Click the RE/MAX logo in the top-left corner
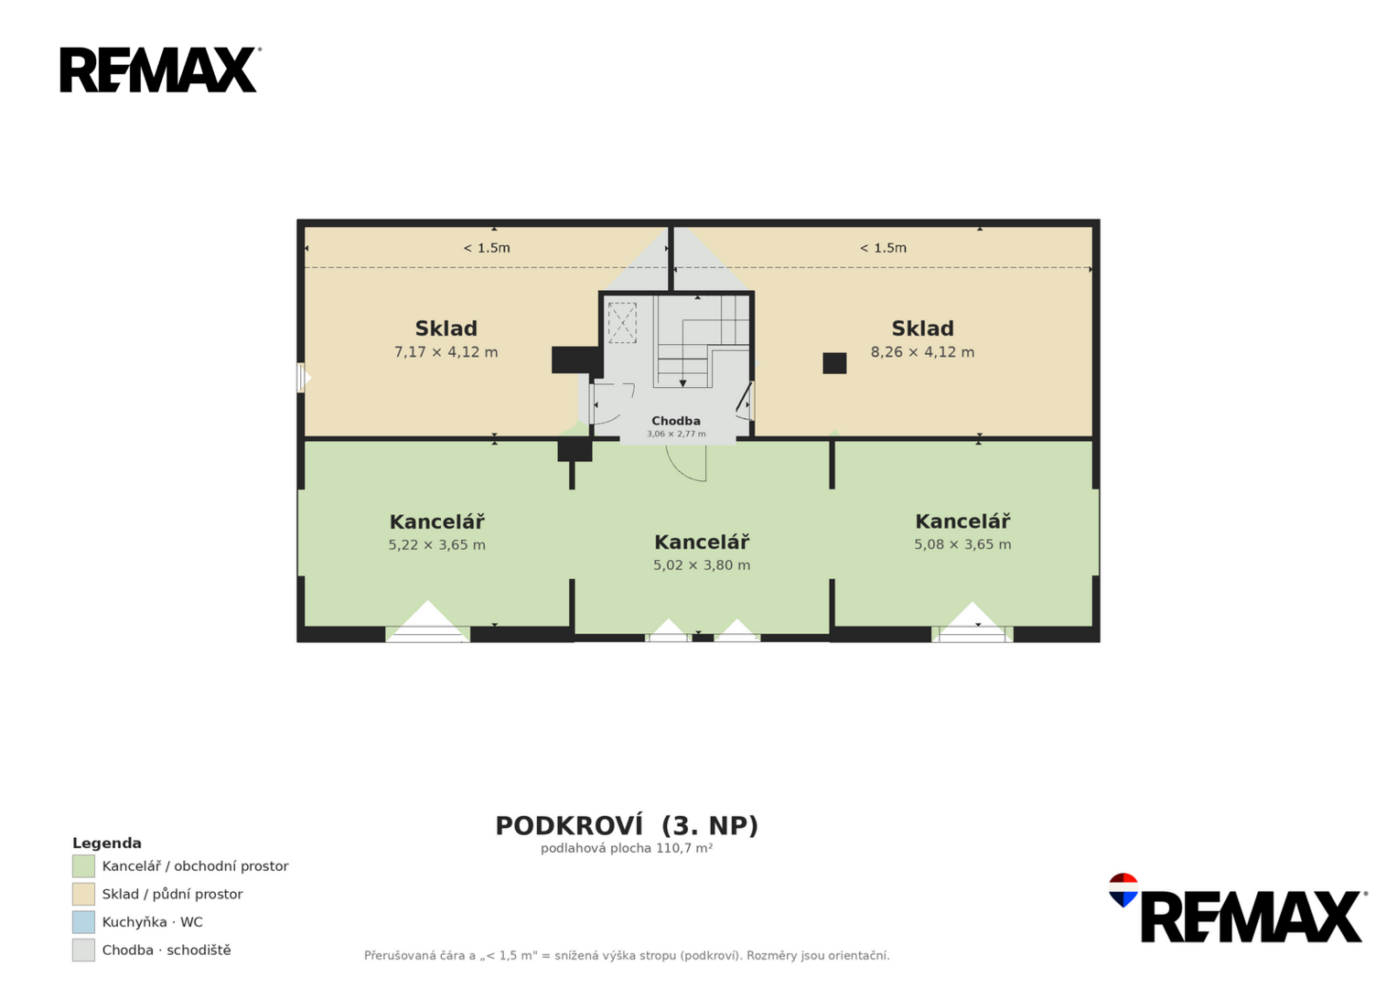pos(160,70)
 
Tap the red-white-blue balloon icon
pos(1123,889)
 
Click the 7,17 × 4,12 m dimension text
pos(446,352)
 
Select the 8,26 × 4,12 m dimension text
pos(922,352)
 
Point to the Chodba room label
pos(676,421)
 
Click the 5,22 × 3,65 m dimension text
pos(436,545)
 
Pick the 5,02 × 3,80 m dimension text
pos(702,565)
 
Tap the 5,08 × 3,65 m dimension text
pos(963,544)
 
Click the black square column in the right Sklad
pos(834,363)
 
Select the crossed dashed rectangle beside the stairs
pos(622,322)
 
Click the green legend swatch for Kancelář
pos(83,866)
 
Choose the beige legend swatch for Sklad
pos(83,895)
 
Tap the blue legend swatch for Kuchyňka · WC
pos(83,922)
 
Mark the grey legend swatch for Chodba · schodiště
pos(83,950)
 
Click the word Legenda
pos(107,843)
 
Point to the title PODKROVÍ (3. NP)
pos(627,826)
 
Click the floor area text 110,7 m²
pos(684,848)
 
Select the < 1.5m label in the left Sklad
pos(487,248)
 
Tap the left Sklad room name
pos(446,328)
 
